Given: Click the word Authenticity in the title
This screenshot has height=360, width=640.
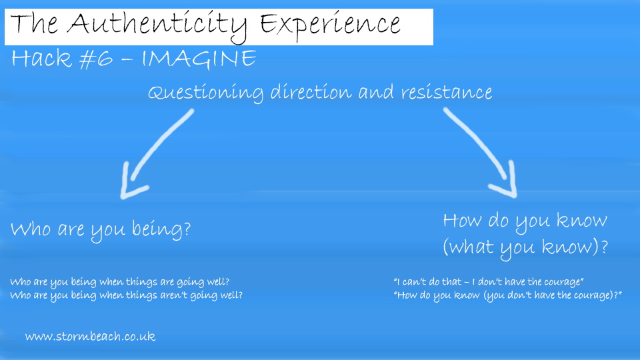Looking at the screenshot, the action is (x=157, y=26).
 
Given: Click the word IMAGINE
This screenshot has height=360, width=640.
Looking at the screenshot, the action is (x=199, y=59).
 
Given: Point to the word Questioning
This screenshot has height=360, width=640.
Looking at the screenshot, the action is (x=206, y=93).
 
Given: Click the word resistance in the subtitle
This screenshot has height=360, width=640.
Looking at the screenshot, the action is (x=447, y=92).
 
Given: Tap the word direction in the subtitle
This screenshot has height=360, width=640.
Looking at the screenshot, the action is (x=311, y=92).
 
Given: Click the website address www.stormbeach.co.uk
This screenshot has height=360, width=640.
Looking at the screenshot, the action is (x=90, y=336).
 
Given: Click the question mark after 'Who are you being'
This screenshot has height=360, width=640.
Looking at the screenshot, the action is (x=187, y=229).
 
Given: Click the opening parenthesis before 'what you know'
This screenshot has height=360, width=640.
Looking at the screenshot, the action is (x=446, y=247).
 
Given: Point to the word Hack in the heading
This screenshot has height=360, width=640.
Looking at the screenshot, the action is (x=41, y=58).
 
